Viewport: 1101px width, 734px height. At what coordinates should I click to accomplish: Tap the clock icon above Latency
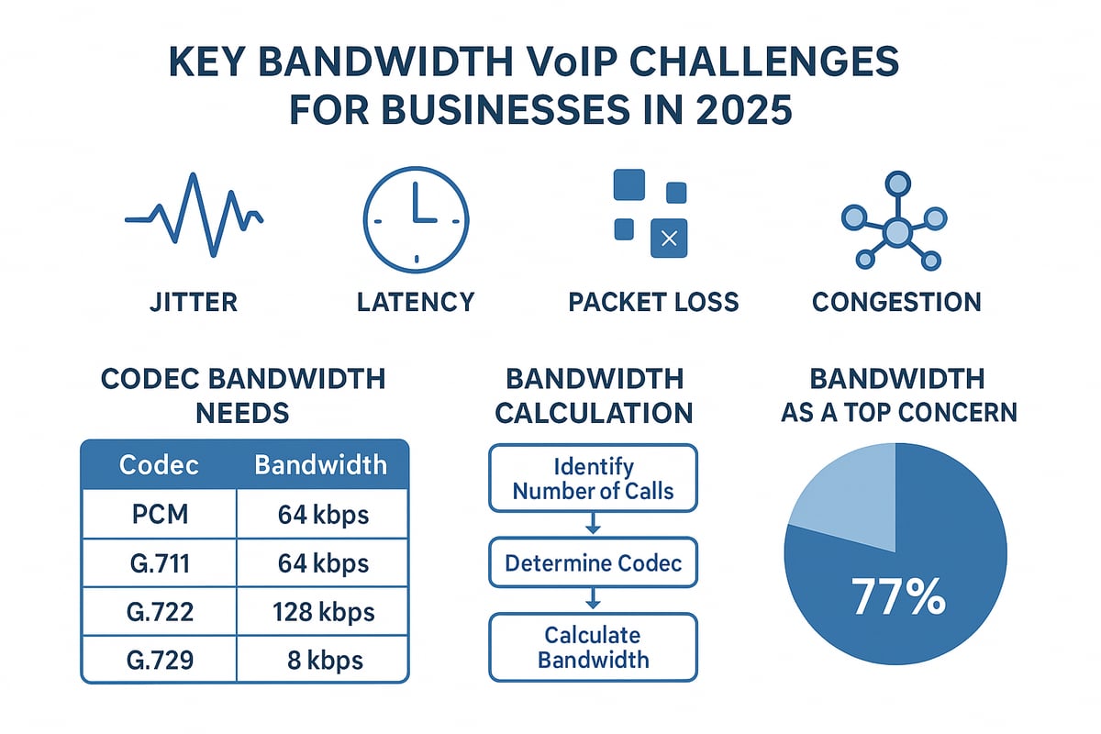pyautogui.click(x=416, y=217)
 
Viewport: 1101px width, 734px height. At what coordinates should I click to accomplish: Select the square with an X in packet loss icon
pyautogui.click(x=668, y=239)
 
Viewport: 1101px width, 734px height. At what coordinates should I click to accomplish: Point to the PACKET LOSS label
pyautogui.click(x=653, y=302)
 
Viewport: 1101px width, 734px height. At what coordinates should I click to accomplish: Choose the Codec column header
pyautogui.click(x=159, y=464)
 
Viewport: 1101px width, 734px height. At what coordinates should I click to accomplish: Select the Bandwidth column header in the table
pyautogui.click(x=320, y=464)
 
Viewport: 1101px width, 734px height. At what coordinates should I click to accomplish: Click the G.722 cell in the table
pyautogui.click(x=159, y=611)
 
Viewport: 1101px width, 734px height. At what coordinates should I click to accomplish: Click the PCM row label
pyautogui.click(x=159, y=515)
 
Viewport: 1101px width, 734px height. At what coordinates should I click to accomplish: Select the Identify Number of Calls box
pyautogui.click(x=593, y=479)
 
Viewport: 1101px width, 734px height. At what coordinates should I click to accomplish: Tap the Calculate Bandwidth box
pyautogui.click(x=593, y=647)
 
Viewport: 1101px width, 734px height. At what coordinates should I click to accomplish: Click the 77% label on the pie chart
pyautogui.click(x=898, y=597)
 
